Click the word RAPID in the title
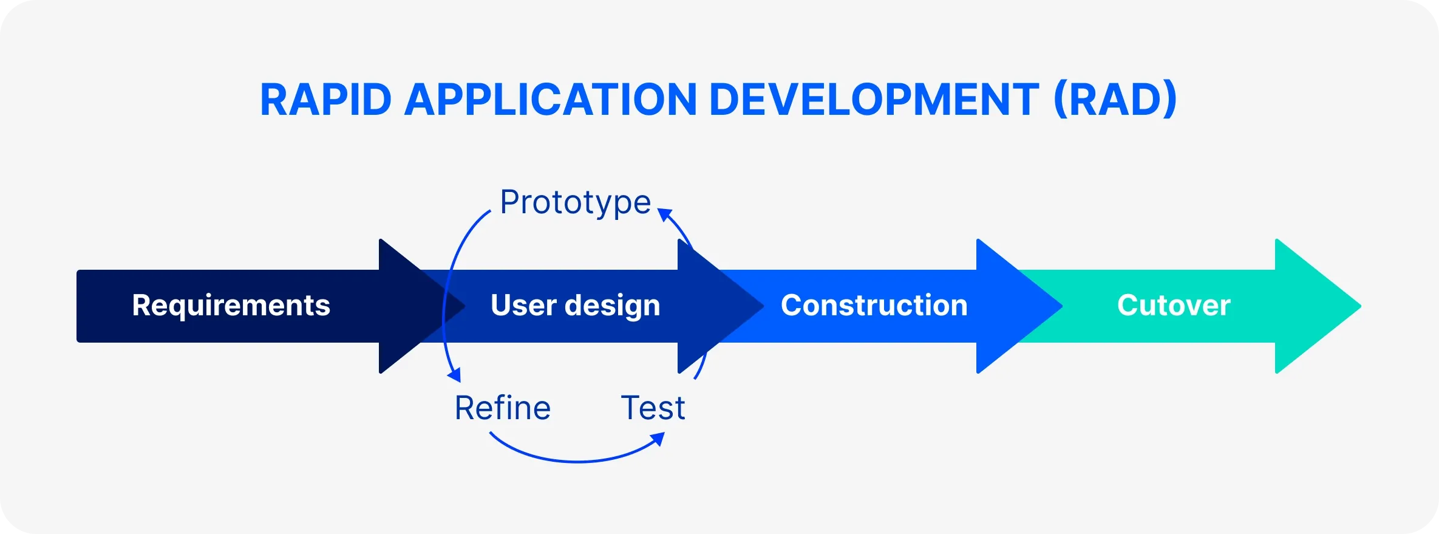325,100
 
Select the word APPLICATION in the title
549,100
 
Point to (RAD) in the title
1115,100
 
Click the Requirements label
231,305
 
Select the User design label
575,305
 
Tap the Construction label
874,305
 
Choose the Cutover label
1173,305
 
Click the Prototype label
575,202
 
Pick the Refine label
502,408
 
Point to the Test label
653,408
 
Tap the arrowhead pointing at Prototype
664,214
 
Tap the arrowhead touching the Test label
658,439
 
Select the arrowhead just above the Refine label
454,375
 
